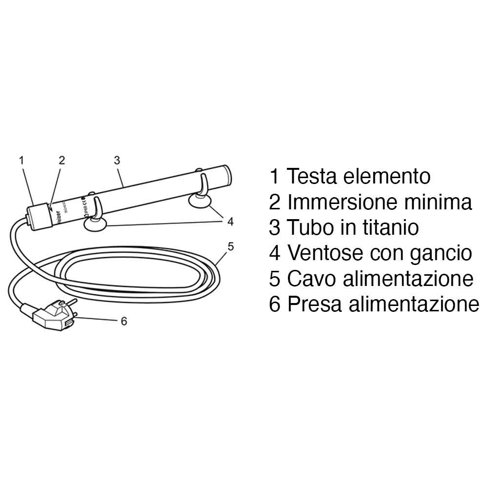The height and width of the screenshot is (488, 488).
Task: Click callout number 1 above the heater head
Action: pyautogui.click(x=21, y=160)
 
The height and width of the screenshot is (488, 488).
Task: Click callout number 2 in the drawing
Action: pyautogui.click(x=61, y=160)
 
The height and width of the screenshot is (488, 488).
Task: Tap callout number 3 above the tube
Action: pyautogui.click(x=117, y=160)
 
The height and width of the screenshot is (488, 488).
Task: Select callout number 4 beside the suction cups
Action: pyautogui.click(x=230, y=222)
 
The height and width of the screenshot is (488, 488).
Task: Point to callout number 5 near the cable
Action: pyautogui.click(x=231, y=246)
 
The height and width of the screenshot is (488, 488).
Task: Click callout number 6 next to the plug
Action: pyautogui.click(x=123, y=321)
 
